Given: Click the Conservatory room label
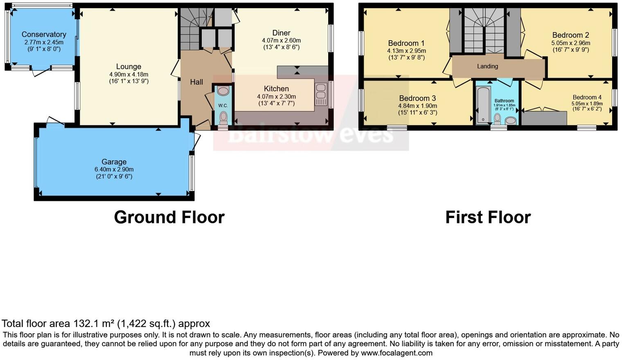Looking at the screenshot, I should [x=44, y=34].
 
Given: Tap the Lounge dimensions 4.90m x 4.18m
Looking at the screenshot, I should [x=128, y=74].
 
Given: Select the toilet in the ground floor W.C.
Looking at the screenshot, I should [x=223, y=118].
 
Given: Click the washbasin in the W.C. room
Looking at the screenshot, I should [x=223, y=91].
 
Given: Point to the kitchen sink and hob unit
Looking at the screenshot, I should [x=321, y=94].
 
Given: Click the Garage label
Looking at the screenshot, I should [x=114, y=162].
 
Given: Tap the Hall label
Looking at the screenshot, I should [x=196, y=82].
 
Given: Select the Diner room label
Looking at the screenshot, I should [x=281, y=33].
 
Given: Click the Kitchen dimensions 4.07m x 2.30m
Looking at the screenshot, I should [x=276, y=97].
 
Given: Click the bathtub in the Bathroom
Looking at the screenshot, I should [x=483, y=104].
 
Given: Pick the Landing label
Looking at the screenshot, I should [x=487, y=66].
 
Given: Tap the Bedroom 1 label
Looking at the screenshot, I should [x=406, y=43].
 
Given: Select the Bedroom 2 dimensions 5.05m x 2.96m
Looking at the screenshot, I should [x=570, y=43].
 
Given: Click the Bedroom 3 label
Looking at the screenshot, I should [x=417, y=98].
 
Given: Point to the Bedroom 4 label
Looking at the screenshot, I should [x=587, y=97].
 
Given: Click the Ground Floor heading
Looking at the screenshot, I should [x=169, y=217].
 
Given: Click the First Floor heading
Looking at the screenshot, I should [x=488, y=217].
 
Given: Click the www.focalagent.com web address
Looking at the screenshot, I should [x=397, y=353].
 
